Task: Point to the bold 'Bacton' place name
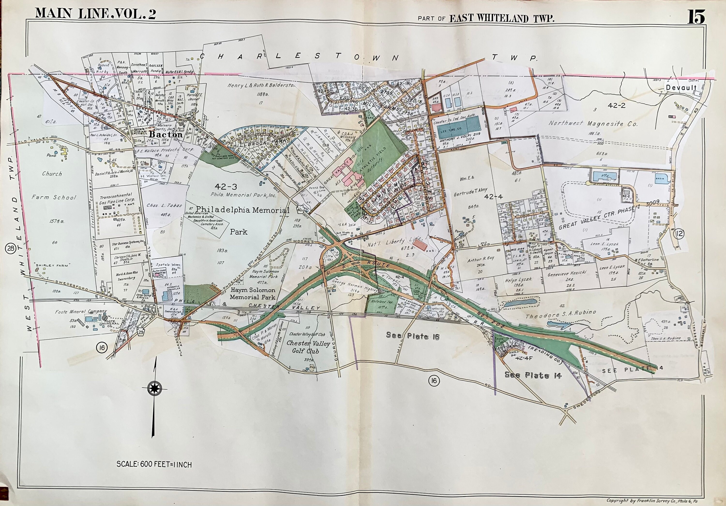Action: pyautogui.click(x=166, y=134)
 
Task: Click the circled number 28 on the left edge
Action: pyautogui.click(x=11, y=249)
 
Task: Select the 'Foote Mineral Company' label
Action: pyautogui.click(x=81, y=312)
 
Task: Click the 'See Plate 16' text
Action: pyautogui.click(x=413, y=336)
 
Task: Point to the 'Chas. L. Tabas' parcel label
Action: pyautogui.click(x=164, y=205)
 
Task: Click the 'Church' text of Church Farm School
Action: pyautogui.click(x=52, y=174)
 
